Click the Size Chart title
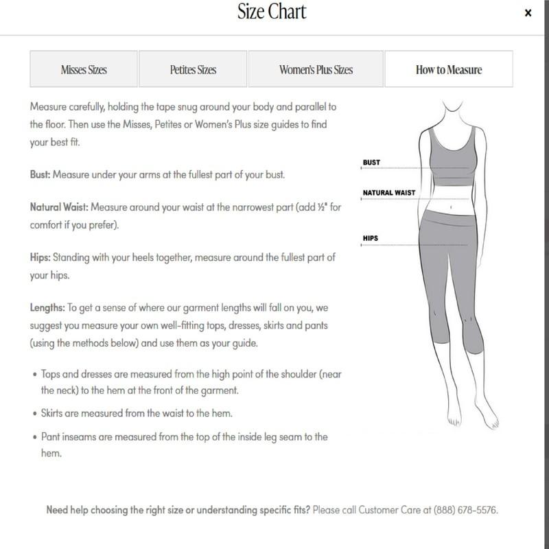tap(271, 12)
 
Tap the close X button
tap(528, 13)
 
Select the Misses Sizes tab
tap(84, 69)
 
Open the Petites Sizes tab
tap(193, 69)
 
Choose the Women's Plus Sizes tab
tap(316, 69)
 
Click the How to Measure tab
tap(449, 69)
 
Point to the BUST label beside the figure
tap(371, 163)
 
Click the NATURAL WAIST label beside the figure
tap(389, 193)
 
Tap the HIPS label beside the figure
tap(371, 239)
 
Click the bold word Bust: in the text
tap(41, 175)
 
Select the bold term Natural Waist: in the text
tap(59, 207)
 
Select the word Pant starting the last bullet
tap(51, 437)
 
